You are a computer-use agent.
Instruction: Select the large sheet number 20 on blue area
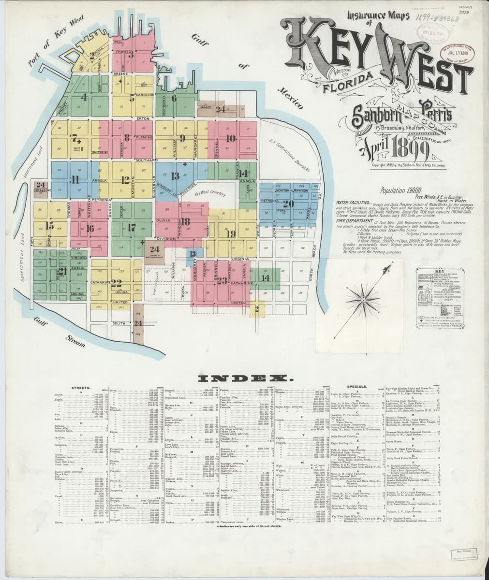pos(289,204)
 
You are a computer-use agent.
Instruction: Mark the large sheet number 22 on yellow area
pos(116,283)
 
